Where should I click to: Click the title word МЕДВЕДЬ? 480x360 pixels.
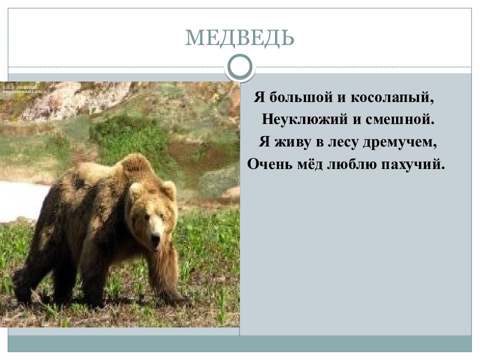pyautogui.click(x=239, y=38)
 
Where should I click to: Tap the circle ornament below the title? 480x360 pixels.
pyautogui.click(x=240, y=66)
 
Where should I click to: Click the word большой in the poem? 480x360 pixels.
pyautogui.click(x=295, y=96)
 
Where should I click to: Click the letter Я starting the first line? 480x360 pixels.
pyautogui.click(x=258, y=96)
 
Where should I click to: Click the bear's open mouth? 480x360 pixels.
pyautogui.click(x=156, y=244)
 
